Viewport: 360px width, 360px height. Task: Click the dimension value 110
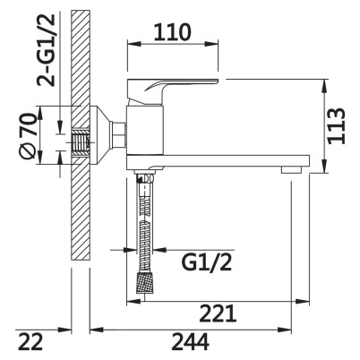pyautogui.click(x=172, y=32)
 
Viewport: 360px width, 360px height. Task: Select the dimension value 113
pyautogui.click(x=337, y=126)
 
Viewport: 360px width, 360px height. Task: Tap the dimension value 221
pyautogui.click(x=218, y=313)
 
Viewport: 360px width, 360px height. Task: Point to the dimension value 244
pyautogui.click(x=190, y=342)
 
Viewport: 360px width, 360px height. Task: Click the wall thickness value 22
pyautogui.click(x=30, y=342)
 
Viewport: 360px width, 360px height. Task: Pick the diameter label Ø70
pyautogui.click(x=29, y=136)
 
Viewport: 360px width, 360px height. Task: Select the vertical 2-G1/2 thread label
pyautogui.click(x=46, y=50)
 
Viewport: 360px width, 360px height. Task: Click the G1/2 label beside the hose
pyautogui.click(x=207, y=262)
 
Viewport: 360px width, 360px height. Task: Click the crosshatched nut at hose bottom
pyautogui.click(x=145, y=282)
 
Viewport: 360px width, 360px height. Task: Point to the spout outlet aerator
pyautogui.click(x=292, y=170)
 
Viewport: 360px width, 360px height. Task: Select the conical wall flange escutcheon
pyautogui.click(x=100, y=136)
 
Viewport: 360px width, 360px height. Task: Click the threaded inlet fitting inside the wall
pyautogui.click(x=81, y=141)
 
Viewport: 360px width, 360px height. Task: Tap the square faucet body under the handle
pyautogui.click(x=145, y=130)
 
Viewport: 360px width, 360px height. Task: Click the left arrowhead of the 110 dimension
pyautogui.click(x=133, y=44)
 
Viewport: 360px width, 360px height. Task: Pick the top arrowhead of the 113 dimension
pyautogui.click(x=324, y=86)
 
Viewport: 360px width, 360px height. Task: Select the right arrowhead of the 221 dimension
pyautogui.click(x=302, y=302)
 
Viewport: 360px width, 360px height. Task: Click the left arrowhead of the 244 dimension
pyautogui.click(x=97, y=330)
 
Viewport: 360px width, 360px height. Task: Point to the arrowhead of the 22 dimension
pyautogui.click(x=64, y=330)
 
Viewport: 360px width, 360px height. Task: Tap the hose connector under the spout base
pyautogui.click(x=145, y=176)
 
